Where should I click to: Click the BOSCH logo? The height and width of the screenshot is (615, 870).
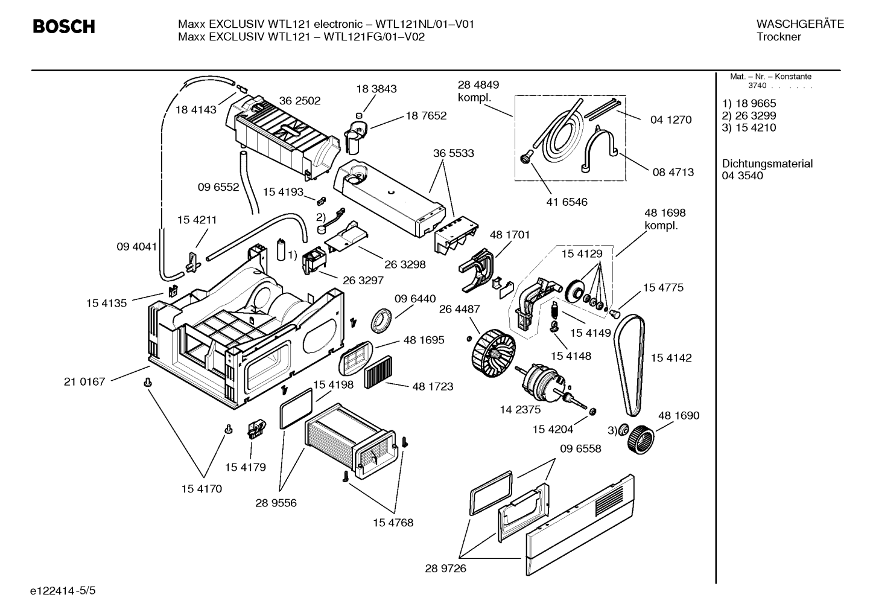(64, 27)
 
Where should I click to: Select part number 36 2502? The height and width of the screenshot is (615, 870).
(300, 101)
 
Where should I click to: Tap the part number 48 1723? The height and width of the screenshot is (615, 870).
(433, 386)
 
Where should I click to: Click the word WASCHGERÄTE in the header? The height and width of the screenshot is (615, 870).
(800, 24)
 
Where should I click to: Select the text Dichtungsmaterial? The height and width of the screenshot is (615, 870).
(767, 164)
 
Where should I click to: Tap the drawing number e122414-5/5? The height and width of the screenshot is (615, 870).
(63, 591)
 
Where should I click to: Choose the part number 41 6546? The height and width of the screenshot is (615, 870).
(567, 202)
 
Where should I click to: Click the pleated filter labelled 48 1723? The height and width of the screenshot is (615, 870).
(378, 372)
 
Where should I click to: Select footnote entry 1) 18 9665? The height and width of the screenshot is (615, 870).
(749, 103)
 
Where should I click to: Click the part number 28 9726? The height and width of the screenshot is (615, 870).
(445, 569)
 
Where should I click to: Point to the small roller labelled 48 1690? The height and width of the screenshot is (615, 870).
(641, 439)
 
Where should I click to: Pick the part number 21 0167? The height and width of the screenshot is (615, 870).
(84, 381)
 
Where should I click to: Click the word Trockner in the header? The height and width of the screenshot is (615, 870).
(779, 37)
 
